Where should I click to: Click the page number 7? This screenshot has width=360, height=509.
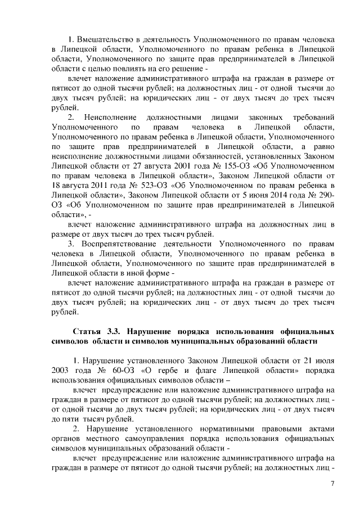(332, 483)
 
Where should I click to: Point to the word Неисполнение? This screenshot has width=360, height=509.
(110, 117)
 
